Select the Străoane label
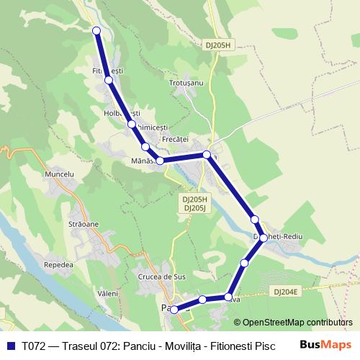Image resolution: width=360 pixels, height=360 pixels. pyautogui.click(x=84, y=224)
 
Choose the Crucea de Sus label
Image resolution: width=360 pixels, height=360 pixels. pyautogui.click(x=161, y=276)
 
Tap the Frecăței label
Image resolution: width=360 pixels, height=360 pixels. pyautogui.click(x=175, y=138)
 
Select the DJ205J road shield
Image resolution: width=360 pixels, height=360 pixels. pyautogui.click(x=195, y=208)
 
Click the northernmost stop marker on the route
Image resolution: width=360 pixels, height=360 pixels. pyautogui.click(x=96, y=30)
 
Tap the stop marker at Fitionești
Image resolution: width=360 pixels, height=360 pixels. pyautogui.click(x=109, y=80)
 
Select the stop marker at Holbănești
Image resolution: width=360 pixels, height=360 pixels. pyautogui.click(x=132, y=124)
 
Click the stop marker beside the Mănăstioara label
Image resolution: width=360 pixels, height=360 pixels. pyautogui.click(x=161, y=161)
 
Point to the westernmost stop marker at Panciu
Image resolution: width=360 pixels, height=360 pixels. pyautogui.click(x=174, y=309)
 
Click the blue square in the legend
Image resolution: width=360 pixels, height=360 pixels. pyautogui.click(x=10, y=346)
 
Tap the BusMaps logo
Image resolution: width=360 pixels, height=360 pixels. pyautogui.click(x=325, y=345)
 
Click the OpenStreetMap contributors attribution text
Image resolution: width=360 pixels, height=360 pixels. pyautogui.click(x=292, y=323)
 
